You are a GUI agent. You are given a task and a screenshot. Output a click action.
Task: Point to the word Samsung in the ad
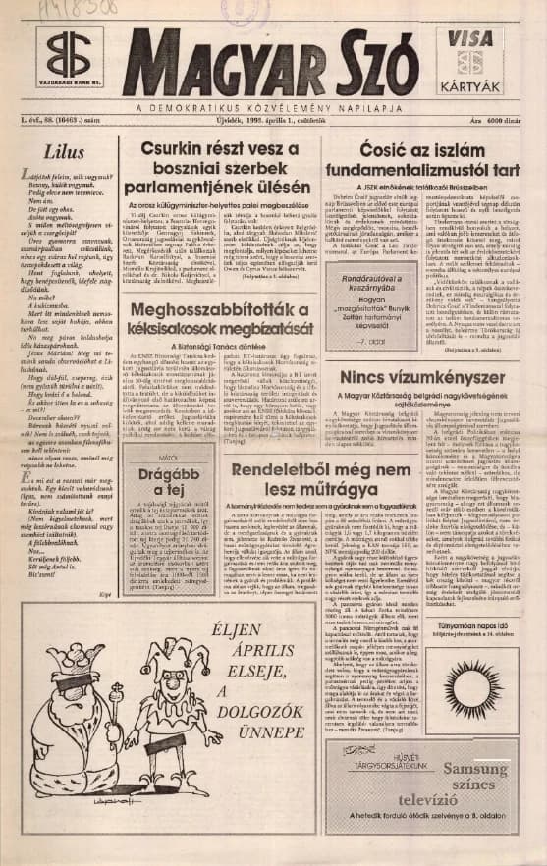(477, 768)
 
